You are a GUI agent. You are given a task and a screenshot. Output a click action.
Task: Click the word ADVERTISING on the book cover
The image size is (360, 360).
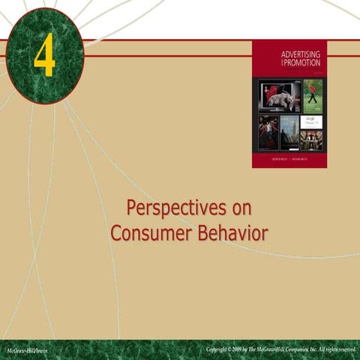tap(300, 54)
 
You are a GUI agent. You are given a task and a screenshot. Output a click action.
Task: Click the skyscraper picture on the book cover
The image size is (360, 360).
tap(289, 133)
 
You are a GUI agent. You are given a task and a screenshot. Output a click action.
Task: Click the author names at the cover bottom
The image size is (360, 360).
tap(289, 160)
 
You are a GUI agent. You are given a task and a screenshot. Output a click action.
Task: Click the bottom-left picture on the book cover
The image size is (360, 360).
tap(268, 133)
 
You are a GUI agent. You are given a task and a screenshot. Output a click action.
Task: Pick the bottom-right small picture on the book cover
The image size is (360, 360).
tap(311, 140)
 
